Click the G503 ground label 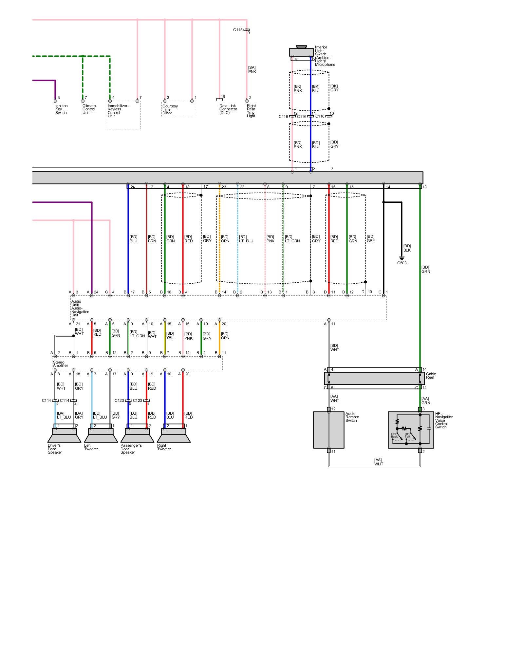click(402, 263)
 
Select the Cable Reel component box click(374, 378)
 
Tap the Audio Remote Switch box click(328, 430)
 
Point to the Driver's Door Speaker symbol click(64, 436)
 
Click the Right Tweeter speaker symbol click(174, 436)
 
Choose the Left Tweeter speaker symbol click(101, 436)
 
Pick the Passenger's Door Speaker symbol click(137, 436)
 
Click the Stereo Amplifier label click(61, 364)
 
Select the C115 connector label click(238, 30)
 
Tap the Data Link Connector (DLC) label click(228, 109)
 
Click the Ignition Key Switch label click(61, 109)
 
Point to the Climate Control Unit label click(89, 109)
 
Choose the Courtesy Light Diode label click(170, 110)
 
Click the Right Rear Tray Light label click(251, 111)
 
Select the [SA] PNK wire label click(252, 70)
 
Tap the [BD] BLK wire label click(407, 248)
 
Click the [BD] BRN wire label click(152, 239)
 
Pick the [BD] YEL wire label click(170, 335)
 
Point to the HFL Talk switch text click(407, 436)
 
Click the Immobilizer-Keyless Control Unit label click(118, 111)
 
